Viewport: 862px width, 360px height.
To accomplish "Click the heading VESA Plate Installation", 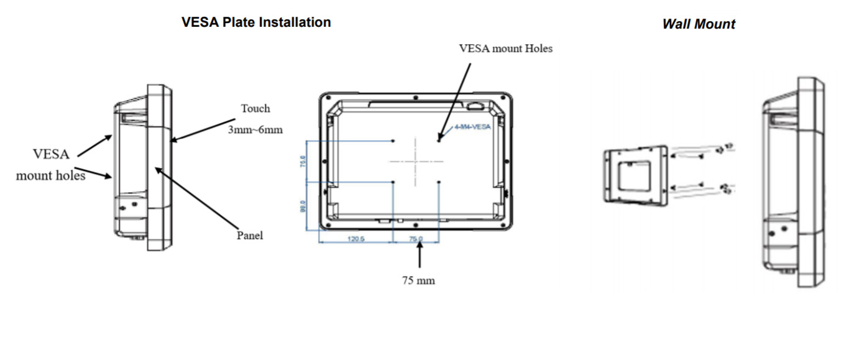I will [x=255, y=22].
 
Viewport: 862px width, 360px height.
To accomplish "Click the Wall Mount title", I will [x=699, y=24].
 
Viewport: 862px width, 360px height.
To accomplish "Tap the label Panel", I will [x=250, y=236].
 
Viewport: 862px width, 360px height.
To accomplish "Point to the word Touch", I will [x=255, y=109].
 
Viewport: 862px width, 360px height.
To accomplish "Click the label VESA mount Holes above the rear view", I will [x=505, y=48].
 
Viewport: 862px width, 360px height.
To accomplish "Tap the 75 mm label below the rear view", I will [x=418, y=280].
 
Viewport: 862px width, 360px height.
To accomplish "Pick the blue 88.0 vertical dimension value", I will [x=303, y=206].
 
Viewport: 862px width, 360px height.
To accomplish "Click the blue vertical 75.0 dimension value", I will [x=303, y=162].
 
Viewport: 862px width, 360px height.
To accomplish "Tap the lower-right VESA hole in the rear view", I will [x=439, y=182].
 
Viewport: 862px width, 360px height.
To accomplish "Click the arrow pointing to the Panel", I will [x=196, y=196].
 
